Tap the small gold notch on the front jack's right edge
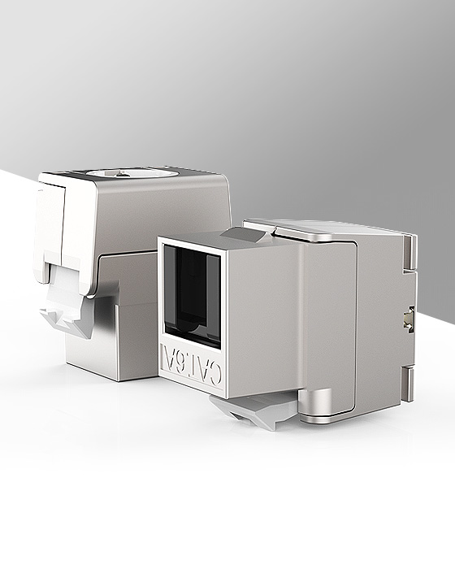pos(409,319)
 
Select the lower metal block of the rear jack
pos(130,341)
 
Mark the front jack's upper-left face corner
pos(160,240)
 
